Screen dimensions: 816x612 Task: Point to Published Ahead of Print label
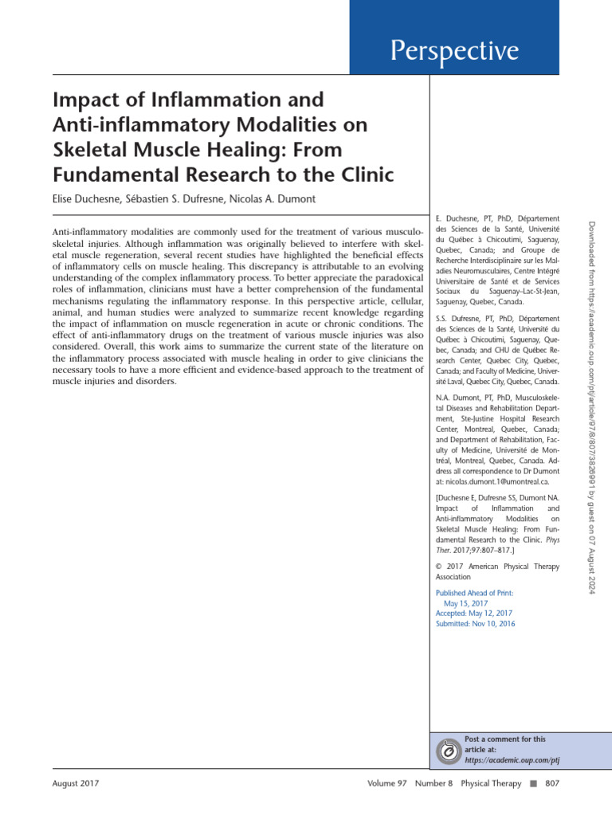[474, 593]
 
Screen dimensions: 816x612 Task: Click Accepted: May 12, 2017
[474, 614]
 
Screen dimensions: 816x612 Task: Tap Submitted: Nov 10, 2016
[475, 624]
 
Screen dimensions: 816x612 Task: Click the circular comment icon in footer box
[449, 751]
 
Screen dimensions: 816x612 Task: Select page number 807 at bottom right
[551, 784]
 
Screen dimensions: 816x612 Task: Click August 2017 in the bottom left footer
[76, 784]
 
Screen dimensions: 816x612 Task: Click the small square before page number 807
[533, 784]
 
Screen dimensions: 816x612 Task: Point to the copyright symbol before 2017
[439, 567]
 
